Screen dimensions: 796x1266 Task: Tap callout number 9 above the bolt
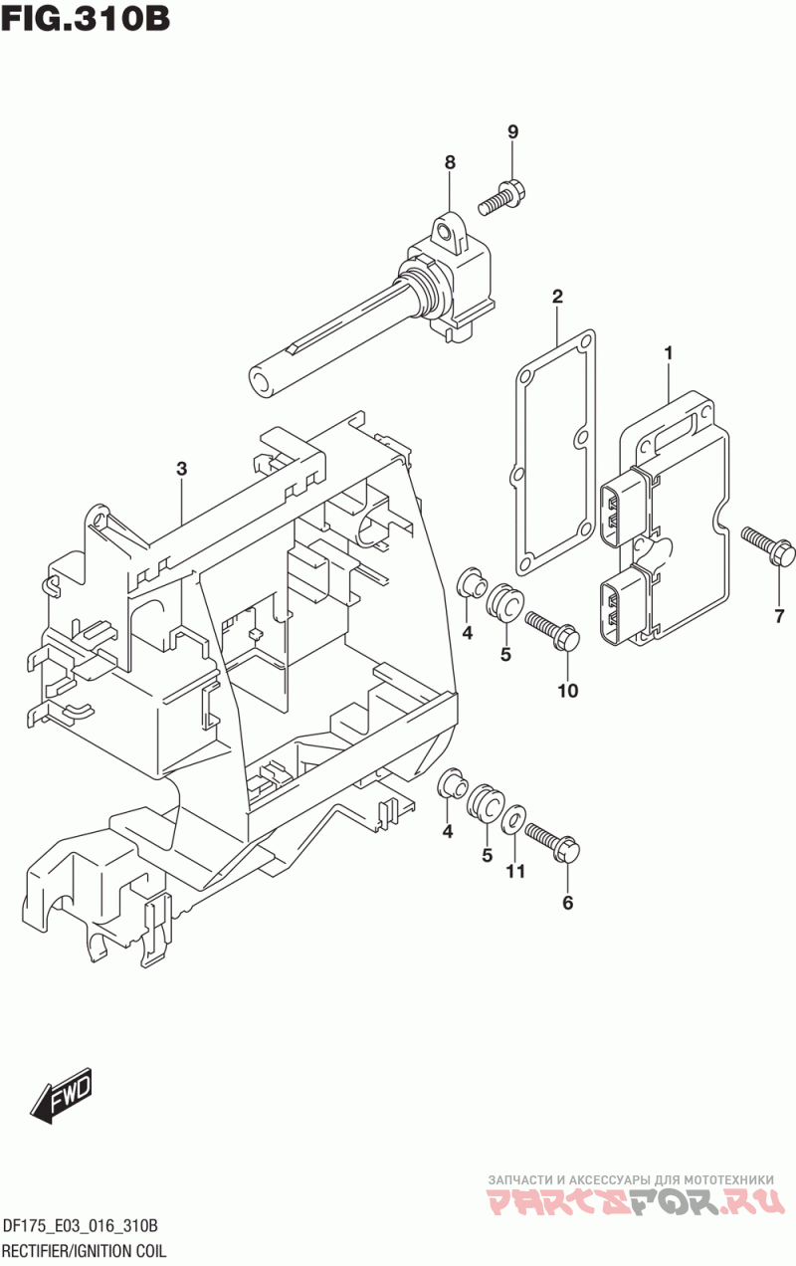512,132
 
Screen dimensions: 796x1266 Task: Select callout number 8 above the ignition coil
450,163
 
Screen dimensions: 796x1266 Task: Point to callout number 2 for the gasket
557,297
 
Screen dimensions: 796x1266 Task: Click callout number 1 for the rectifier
669,353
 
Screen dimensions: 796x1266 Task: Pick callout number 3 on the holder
181,469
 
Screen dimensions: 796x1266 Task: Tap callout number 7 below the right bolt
780,616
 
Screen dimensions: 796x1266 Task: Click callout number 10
568,690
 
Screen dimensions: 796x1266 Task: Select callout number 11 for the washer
515,871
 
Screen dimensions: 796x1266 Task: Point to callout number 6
568,903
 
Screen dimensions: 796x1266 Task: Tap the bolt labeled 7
769,544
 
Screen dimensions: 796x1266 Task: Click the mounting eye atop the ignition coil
450,232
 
